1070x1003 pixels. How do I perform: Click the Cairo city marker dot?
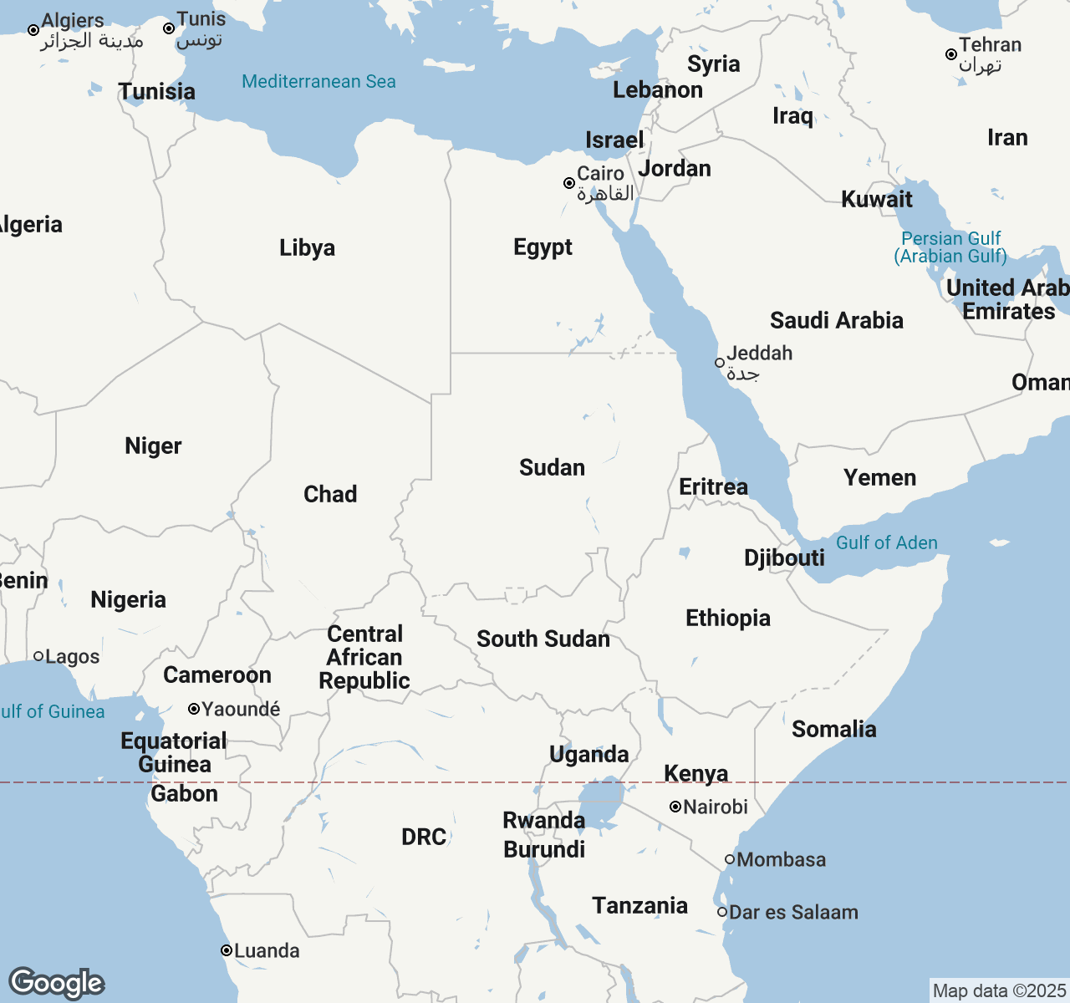pos(569,183)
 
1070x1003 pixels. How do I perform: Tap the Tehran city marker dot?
pos(950,54)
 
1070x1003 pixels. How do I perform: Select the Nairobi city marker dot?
pos(675,807)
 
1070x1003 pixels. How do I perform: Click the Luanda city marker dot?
pos(227,950)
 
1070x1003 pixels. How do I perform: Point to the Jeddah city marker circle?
pos(720,363)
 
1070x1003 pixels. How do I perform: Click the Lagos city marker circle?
pos(38,656)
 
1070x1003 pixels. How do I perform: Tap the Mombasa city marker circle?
pos(730,859)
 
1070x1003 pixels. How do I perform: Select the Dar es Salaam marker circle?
pos(722,912)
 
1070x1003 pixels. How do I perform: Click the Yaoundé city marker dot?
pos(194,709)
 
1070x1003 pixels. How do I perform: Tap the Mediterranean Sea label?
pos(318,81)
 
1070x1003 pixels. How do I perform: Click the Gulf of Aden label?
pos(887,542)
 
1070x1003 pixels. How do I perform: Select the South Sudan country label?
pos(543,639)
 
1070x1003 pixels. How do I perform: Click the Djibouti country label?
pos(784,558)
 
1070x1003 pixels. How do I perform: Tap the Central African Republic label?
pos(364,657)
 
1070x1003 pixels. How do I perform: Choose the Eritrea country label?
pos(713,486)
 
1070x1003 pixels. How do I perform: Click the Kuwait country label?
pos(877,199)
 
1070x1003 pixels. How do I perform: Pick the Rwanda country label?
pos(543,820)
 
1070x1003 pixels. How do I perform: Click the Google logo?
pos(56,983)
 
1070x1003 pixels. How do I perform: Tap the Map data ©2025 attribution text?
pos(999,990)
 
